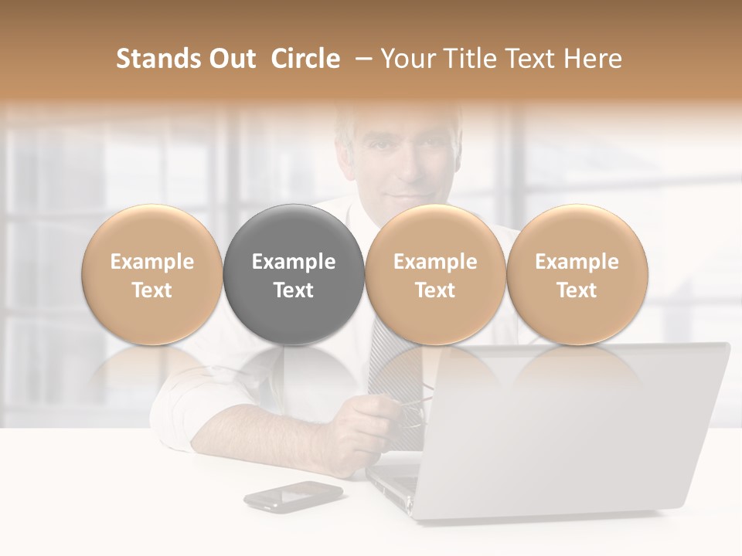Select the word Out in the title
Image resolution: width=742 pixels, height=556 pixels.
coord(230,59)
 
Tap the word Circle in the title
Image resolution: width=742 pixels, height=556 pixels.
coord(305,59)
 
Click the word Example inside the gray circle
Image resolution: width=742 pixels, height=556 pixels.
coord(294,262)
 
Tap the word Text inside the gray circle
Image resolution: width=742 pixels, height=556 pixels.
coord(294,290)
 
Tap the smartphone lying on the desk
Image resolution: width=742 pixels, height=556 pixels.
coord(293,496)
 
